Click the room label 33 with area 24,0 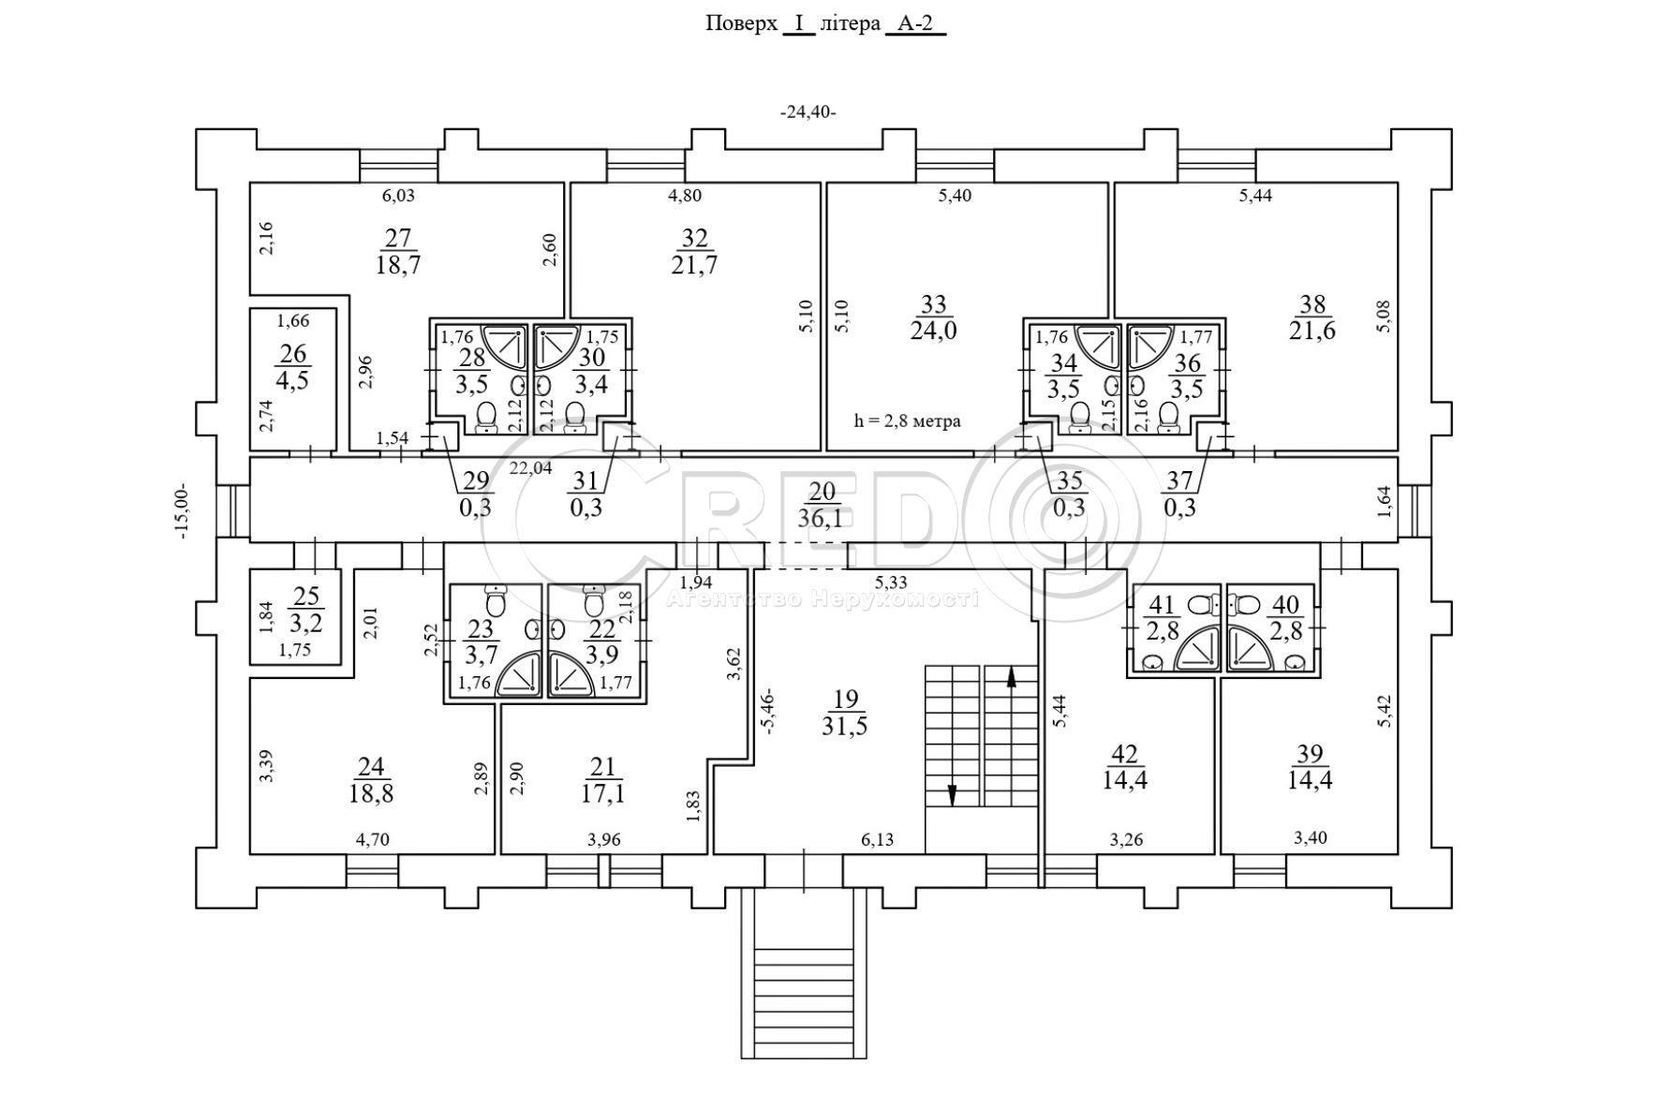[933, 317]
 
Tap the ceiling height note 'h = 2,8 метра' [907, 420]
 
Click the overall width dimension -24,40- [808, 112]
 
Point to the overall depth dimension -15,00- [182, 510]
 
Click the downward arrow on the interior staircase [953, 794]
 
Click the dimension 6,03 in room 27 [398, 196]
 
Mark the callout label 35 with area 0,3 [1069, 494]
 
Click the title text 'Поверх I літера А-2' [825, 23]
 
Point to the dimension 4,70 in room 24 [373, 840]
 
